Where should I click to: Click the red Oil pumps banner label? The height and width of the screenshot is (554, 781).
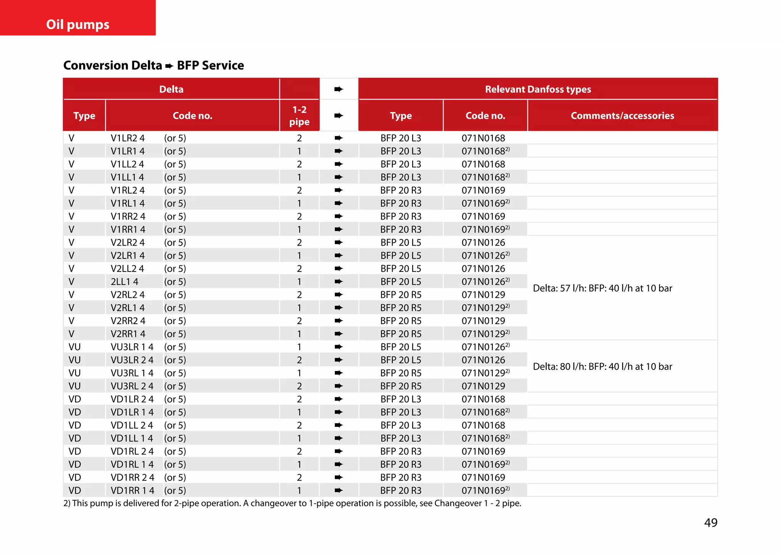(x=78, y=24)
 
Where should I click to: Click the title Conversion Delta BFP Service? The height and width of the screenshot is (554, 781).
(x=153, y=65)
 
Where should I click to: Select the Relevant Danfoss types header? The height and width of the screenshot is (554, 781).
(x=538, y=89)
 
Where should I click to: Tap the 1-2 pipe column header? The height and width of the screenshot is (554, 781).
(x=299, y=116)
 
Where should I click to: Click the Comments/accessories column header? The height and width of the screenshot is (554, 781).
(x=622, y=116)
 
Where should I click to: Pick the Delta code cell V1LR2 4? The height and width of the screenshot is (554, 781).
(x=128, y=138)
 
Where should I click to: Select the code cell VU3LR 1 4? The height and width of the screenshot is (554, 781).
(x=132, y=347)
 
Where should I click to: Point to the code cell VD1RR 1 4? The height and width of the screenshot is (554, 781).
(x=132, y=490)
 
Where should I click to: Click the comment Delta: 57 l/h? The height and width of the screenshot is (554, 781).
(x=602, y=288)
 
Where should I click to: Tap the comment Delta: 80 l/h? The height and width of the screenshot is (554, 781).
(x=602, y=366)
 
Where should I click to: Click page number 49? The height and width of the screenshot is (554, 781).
(x=710, y=522)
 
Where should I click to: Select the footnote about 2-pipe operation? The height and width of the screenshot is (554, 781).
(x=292, y=503)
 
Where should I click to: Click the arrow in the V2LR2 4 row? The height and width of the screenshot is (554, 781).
(x=339, y=242)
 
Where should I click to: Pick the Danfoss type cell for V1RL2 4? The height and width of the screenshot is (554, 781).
(x=401, y=190)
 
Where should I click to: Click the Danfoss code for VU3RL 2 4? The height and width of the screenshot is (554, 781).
(x=483, y=386)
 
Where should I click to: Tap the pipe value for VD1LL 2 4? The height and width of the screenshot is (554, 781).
(x=299, y=425)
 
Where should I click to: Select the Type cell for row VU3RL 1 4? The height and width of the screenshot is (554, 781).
(x=75, y=373)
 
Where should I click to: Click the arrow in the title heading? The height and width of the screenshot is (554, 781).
(x=169, y=66)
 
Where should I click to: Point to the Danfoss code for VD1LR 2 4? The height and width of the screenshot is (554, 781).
(x=483, y=399)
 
